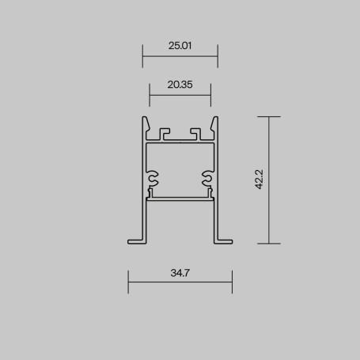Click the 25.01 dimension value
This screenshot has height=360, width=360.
click(180, 46)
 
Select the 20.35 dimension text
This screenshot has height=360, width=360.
click(180, 85)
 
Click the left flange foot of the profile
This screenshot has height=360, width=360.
click(135, 239)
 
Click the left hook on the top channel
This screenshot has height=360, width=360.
click(164, 131)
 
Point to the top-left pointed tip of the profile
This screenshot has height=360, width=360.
click(146, 119)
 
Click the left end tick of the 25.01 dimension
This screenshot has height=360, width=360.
click(142, 56)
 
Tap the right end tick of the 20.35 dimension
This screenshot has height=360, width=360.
click(210, 95)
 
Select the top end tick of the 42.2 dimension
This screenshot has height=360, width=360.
click(269, 116)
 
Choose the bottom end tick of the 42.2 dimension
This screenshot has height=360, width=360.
click(269, 244)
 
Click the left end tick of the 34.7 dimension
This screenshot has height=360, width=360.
click(128, 281)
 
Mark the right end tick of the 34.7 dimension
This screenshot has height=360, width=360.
click(232, 281)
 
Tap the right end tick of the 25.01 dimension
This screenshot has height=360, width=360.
click(218, 56)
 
